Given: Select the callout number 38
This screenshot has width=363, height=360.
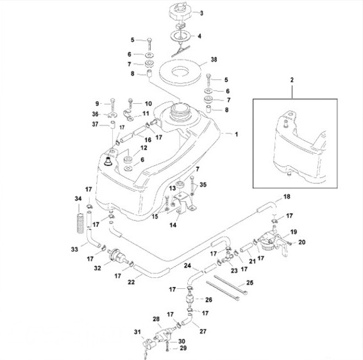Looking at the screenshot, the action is point(214,60).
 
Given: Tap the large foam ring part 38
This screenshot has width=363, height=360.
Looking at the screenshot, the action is point(181,72).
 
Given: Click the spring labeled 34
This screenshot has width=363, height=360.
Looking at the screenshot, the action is point(80,223).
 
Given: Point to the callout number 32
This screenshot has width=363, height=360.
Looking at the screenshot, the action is point(97,268).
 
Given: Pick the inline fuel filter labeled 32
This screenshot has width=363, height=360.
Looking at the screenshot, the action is point(117,256).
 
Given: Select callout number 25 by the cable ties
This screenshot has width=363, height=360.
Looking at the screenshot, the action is point(249,282).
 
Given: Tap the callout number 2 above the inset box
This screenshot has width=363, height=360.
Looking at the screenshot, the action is point(292,80).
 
